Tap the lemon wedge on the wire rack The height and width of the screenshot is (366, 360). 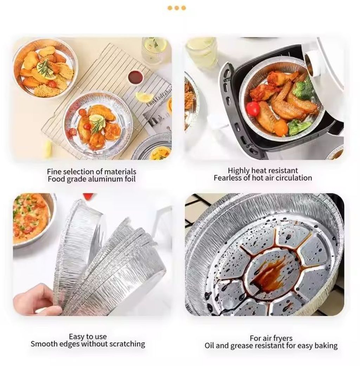144,97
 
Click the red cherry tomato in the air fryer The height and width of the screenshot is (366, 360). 253,109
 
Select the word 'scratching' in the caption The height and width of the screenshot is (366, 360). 127,344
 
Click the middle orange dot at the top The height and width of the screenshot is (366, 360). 177,8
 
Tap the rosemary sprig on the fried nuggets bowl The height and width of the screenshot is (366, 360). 45,68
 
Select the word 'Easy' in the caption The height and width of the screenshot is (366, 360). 76,336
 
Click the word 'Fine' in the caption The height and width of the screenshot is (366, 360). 54,172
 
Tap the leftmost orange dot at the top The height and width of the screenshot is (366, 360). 170,8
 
